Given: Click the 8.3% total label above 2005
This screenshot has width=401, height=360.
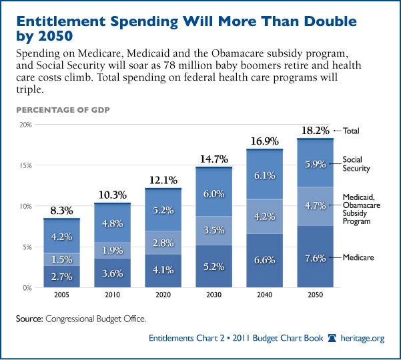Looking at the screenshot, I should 62,211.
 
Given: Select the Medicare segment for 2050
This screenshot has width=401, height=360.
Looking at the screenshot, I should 315,257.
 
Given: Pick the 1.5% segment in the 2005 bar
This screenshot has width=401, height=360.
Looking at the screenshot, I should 62,259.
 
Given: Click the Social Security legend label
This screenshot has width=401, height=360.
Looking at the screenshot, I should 357,164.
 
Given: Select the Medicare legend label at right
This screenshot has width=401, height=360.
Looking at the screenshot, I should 358,257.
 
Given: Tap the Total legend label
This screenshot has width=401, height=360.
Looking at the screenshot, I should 352,131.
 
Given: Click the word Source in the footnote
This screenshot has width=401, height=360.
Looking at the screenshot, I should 31,319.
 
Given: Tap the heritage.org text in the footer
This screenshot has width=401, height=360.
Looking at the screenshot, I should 363,339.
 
